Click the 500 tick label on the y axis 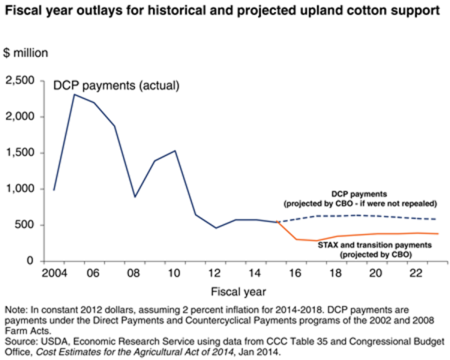33,225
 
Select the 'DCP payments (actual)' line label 116,85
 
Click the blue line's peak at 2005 73,94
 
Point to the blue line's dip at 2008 134,196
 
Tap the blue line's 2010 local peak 175,151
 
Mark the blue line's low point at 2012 215,228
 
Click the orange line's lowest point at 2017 316,241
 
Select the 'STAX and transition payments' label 367,246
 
